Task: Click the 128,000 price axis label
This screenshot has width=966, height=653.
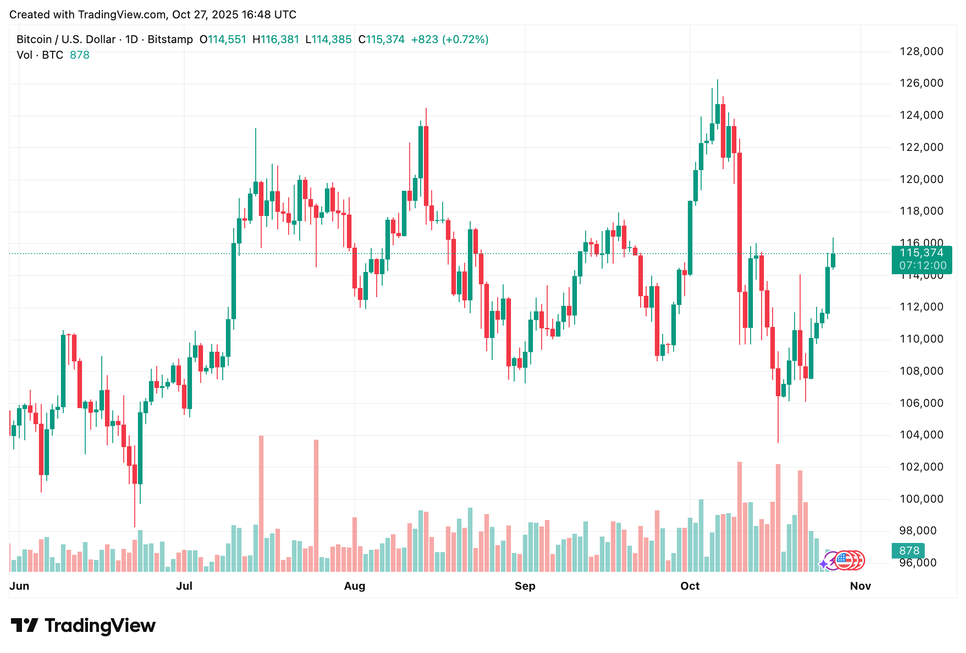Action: tap(921, 51)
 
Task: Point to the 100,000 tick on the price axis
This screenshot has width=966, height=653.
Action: tap(921, 499)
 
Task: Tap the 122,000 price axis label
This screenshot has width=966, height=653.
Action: tap(921, 147)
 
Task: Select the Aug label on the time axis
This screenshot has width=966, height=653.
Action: tap(355, 586)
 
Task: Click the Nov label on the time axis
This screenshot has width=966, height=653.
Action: tap(860, 586)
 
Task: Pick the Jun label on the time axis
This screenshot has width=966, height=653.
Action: tap(19, 586)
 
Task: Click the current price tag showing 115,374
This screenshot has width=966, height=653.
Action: tap(922, 253)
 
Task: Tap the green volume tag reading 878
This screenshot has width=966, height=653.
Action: tap(909, 551)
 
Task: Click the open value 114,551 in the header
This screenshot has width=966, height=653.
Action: tap(227, 39)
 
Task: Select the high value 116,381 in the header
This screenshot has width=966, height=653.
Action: tap(280, 39)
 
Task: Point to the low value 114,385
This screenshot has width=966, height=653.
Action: tap(332, 39)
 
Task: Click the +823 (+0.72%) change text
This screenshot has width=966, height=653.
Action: tap(450, 39)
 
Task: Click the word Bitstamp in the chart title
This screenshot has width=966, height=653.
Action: tap(170, 39)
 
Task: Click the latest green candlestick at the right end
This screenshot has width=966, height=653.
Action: tap(833, 260)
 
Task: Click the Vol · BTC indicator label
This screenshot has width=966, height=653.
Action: tap(40, 55)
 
